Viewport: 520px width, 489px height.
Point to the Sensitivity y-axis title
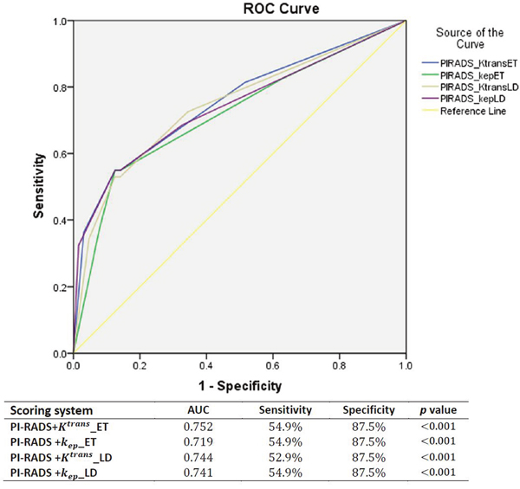(x=39, y=186)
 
